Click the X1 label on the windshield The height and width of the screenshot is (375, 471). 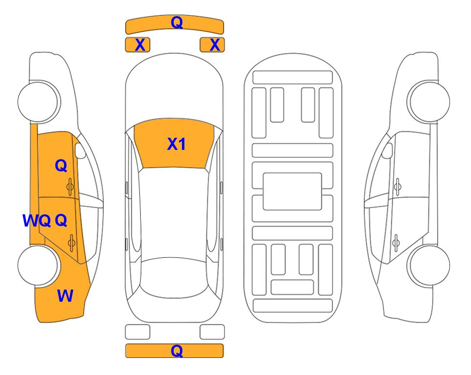point(177,144)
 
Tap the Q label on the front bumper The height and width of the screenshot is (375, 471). point(177,22)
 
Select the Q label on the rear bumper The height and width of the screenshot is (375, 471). point(177,351)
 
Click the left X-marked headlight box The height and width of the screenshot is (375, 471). point(137,45)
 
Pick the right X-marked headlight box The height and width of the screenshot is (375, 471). point(212,45)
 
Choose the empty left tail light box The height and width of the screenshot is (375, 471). point(137,332)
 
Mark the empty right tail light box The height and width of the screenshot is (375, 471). point(212,332)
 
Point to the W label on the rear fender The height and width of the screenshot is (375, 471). point(65,296)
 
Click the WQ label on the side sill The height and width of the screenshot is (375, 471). point(37,221)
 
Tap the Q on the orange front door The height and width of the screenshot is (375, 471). point(61,166)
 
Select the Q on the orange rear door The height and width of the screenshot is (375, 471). point(61,221)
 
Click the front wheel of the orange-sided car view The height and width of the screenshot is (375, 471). point(39,102)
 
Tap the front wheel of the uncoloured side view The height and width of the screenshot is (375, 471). point(428,102)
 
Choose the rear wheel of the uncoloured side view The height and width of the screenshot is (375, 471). point(428,265)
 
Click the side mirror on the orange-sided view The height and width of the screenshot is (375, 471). point(80,150)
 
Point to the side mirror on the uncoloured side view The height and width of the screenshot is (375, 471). point(387,150)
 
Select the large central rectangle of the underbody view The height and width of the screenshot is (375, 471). point(292,191)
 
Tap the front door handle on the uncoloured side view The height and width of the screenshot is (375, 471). point(398,187)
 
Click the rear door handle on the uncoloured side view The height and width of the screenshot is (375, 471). point(396,243)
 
